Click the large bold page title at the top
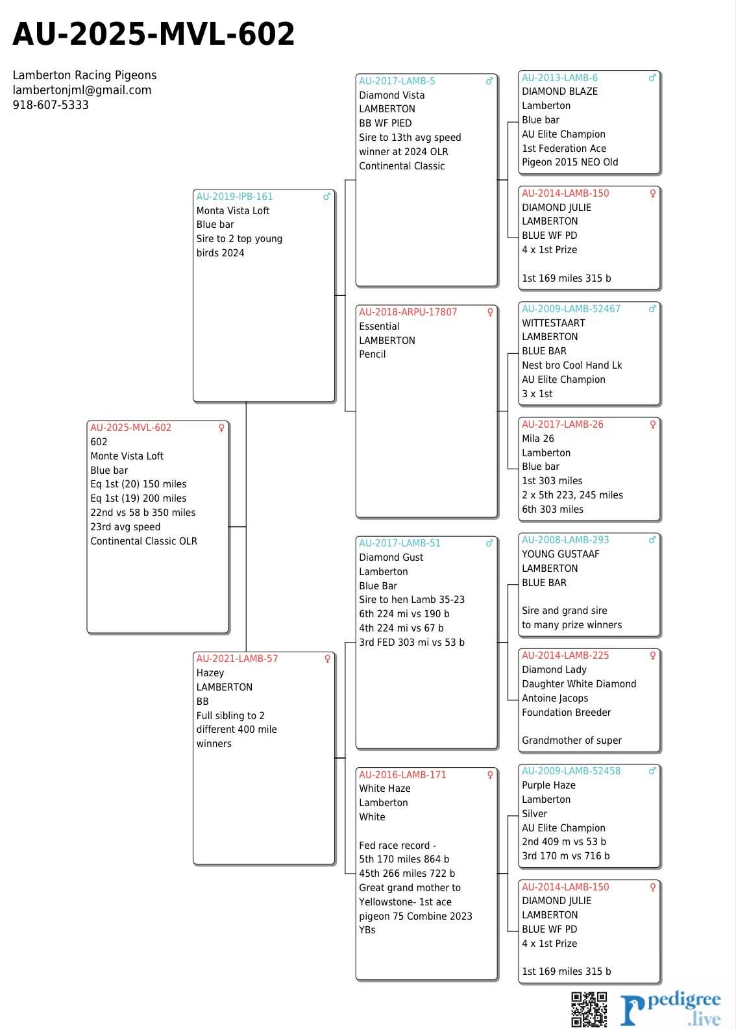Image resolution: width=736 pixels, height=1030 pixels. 154,35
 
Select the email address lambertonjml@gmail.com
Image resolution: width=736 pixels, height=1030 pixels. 82,90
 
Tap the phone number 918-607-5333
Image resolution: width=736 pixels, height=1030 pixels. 51,105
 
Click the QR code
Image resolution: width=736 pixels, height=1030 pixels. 589,1009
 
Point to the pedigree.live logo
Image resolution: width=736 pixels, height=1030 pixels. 670,1009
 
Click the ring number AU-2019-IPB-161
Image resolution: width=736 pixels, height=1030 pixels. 234,197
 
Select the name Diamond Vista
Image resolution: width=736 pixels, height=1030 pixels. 391,95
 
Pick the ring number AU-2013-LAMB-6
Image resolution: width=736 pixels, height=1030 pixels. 559,78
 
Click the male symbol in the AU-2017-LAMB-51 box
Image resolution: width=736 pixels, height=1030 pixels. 489,543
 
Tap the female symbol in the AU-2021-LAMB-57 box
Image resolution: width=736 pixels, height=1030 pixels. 327,659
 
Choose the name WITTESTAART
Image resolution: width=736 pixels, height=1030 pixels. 553,323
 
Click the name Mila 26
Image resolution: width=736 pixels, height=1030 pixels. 537,439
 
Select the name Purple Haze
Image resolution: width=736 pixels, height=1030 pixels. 548,785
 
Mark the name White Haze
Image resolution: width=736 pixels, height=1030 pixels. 384,789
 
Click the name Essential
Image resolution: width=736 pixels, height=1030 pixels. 379,326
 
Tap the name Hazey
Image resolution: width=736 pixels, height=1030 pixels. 210,673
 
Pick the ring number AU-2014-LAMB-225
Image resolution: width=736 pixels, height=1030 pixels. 565,656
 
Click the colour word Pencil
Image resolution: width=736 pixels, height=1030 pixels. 372,354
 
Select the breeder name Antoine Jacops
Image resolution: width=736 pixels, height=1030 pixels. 555,698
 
